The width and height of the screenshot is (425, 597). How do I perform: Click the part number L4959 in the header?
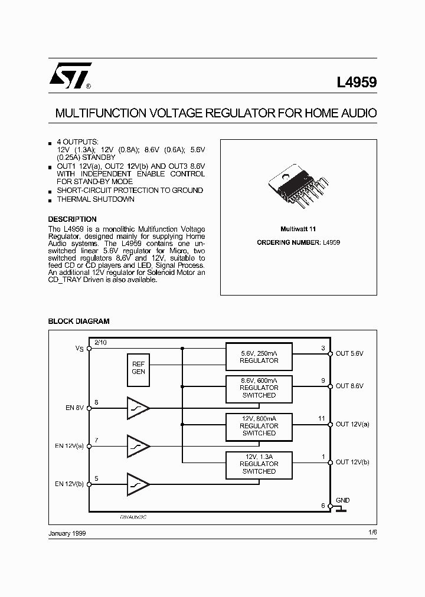[357, 83]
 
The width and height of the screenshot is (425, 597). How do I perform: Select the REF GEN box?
[139, 368]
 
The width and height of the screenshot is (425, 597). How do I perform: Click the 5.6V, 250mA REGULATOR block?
[259, 356]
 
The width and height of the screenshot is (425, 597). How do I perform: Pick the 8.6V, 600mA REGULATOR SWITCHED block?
[259, 388]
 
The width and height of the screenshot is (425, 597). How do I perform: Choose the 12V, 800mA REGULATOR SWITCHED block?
[259, 425]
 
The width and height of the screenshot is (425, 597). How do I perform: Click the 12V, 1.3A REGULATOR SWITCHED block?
[259, 464]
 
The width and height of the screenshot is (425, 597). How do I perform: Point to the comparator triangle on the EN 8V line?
[138, 408]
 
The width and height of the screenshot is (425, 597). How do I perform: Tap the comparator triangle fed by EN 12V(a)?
[138, 446]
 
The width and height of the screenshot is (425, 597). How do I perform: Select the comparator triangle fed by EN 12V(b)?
[138, 484]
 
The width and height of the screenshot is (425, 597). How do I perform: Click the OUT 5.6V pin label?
[349, 354]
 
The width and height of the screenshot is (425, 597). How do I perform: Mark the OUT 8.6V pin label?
[349, 386]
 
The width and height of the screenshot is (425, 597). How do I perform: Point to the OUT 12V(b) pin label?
[353, 462]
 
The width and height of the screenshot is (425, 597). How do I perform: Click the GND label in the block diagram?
[342, 500]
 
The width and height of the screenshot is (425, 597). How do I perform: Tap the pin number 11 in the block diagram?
[322, 418]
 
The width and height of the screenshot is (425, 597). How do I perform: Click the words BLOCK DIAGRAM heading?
[79, 322]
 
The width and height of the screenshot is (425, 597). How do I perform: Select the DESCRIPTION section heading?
[72, 219]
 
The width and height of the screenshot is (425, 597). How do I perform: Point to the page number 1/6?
[372, 533]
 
